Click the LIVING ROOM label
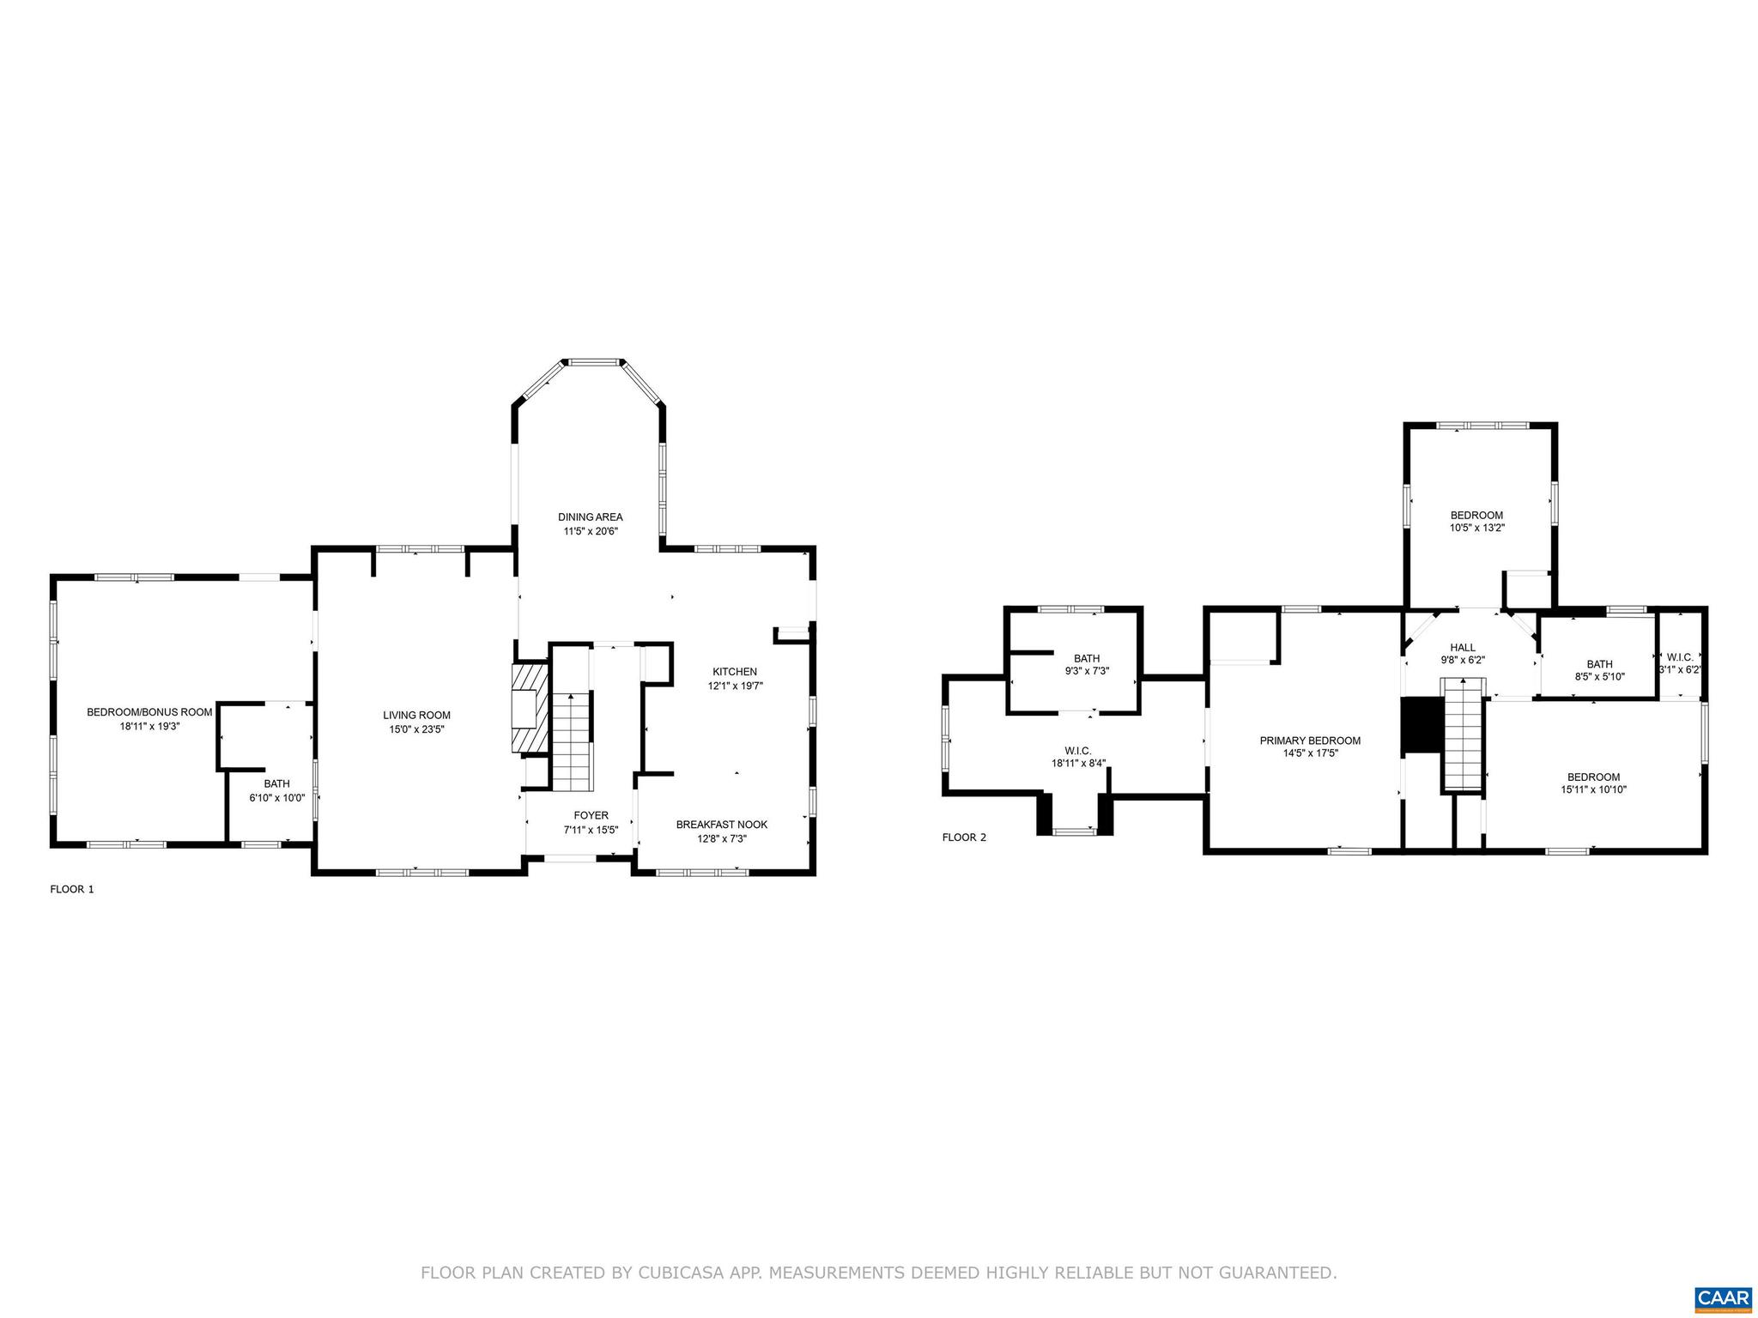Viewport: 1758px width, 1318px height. (416, 715)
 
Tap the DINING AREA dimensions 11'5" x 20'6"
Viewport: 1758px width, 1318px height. (590, 531)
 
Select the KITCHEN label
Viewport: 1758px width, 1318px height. (734, 671)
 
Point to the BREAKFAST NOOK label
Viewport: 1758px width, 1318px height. (721, 824)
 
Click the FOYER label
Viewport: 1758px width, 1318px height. (591, 815)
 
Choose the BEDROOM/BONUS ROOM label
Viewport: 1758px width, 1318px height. (149, 711)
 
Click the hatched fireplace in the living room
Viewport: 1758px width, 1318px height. (529, 708)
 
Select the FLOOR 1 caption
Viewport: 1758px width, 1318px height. (72, 889)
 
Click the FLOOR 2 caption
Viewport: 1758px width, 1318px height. (964, 837)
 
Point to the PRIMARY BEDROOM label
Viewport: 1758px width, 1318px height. (1310, 741)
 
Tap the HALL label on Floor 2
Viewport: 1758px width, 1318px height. (1463, 647)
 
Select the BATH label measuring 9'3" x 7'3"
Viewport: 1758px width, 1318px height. (1086, 658)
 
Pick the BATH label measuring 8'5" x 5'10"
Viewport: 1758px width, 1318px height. (1599, 663)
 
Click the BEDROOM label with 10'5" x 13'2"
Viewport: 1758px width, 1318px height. (1476, 515)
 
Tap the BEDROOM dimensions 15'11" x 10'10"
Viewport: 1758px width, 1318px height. (1593, 790)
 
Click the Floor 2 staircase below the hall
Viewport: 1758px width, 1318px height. (1463, 734)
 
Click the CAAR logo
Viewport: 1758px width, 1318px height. (1723, 1297)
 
